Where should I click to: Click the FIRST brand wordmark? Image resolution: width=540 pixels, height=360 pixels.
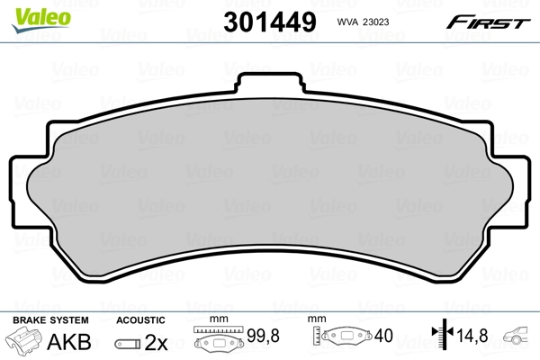(492, 22)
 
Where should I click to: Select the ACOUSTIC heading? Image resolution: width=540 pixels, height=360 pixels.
(140, 320)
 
